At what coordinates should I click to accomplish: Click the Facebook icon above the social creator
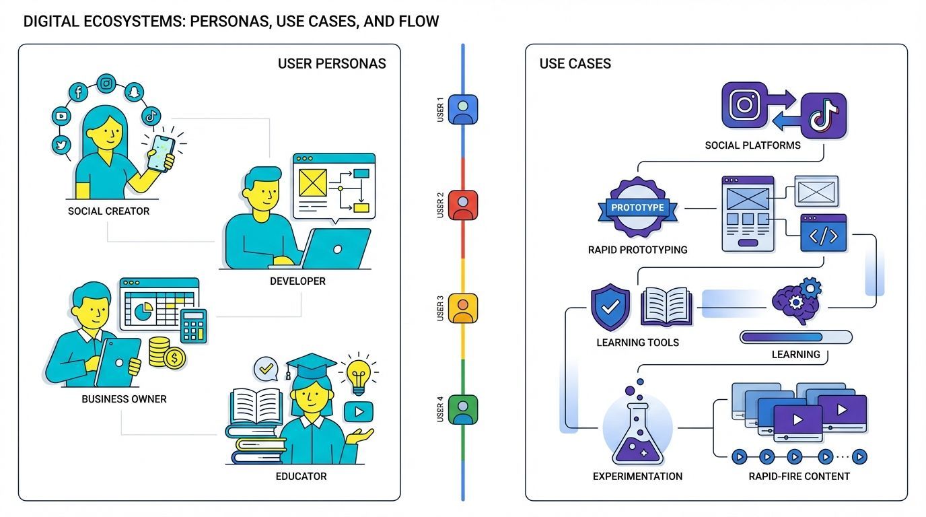[x=79, y=92]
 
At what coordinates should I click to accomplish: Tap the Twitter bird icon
[x=61, y=145]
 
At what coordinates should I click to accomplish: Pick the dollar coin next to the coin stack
[x=174, y=359]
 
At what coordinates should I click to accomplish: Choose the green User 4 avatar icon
[x=463, y=409]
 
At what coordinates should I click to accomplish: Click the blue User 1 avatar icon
[x=463, y=109]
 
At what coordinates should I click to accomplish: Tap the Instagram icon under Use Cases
[x=744, y=105]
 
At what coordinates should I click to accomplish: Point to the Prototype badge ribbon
[x=637, y=207]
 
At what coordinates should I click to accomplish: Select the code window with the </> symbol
[x=823, y=234]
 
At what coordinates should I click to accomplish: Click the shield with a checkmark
[x=610, y=308]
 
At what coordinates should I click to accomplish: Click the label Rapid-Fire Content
[x=799, y=477]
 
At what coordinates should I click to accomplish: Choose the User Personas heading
[x=332, y=64]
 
